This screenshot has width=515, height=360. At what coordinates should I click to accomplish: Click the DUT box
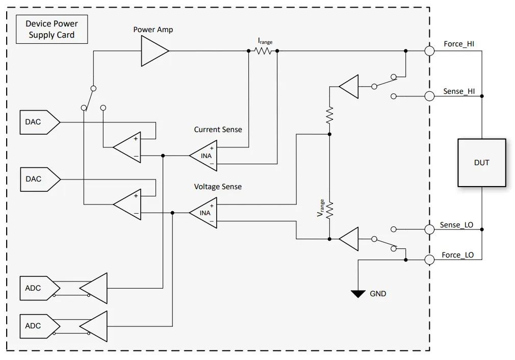[481, 163]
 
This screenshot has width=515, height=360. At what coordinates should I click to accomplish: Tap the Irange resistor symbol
[263, 51]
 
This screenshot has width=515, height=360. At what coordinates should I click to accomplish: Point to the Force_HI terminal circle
[429, 51]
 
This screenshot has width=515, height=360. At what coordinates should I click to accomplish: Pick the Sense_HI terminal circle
[429, 96]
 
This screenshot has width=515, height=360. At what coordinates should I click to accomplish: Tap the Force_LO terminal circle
[429, 260]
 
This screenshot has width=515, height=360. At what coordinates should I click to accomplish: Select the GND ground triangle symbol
[358, 293]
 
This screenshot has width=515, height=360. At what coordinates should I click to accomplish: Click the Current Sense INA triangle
[202, 155]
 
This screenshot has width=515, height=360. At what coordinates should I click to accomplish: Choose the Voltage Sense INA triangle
[202, 213]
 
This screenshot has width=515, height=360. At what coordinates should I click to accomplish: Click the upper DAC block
[38, 122]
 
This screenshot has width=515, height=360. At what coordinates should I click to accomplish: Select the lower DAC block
[38, 179]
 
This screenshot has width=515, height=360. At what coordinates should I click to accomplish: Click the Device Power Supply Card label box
[51, 30]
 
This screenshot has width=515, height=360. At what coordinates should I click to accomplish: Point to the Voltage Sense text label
[218, 187]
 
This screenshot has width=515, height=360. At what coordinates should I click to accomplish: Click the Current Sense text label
[218, 130]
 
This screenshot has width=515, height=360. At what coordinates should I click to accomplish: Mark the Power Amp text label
[153, 30]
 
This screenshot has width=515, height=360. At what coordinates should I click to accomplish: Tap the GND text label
[378, 294]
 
